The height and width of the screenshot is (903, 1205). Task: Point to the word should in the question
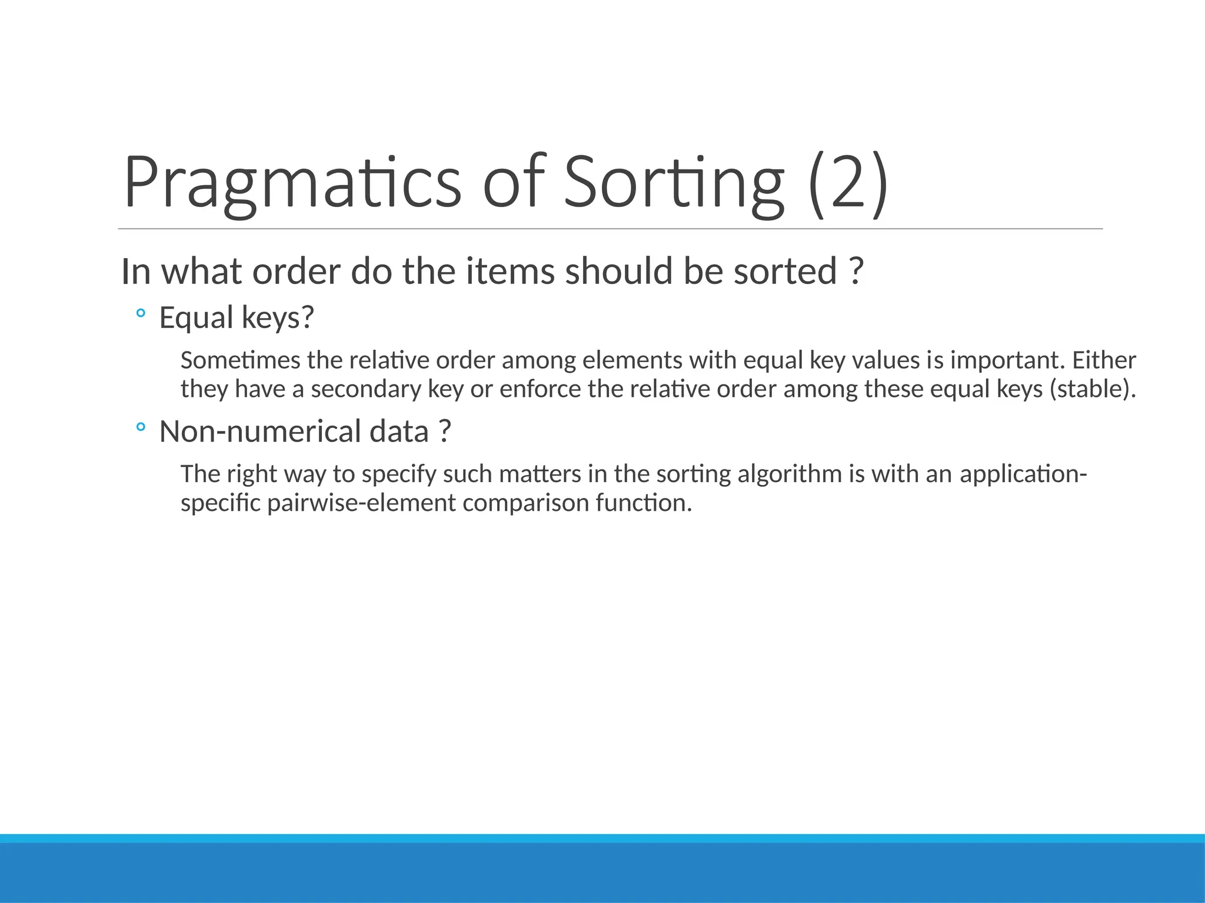coord(618,272)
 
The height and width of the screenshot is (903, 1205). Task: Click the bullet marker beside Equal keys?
coord(140,315)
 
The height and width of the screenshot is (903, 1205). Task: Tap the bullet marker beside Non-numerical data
coord(140,428)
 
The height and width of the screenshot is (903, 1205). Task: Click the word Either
coord(1104,360)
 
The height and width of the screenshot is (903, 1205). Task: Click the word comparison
coord(525,503)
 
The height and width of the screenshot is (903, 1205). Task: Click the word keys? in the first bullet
coord(278,318)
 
